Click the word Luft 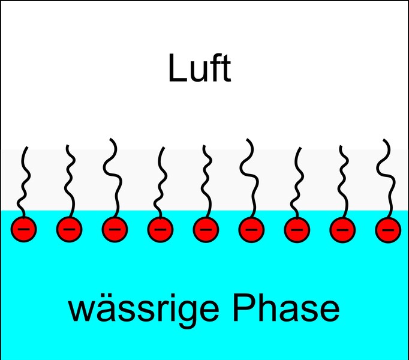(200, 68)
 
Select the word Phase (286, 307)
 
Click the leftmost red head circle (23, 229)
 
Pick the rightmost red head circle (388, 230)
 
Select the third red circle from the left (115, 229)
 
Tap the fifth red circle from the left (206, 229)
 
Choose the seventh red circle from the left (297, 230)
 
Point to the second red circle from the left (69, 229)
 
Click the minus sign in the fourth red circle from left (160, 229)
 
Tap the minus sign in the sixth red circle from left (251, 230)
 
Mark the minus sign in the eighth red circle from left (342, 230)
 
